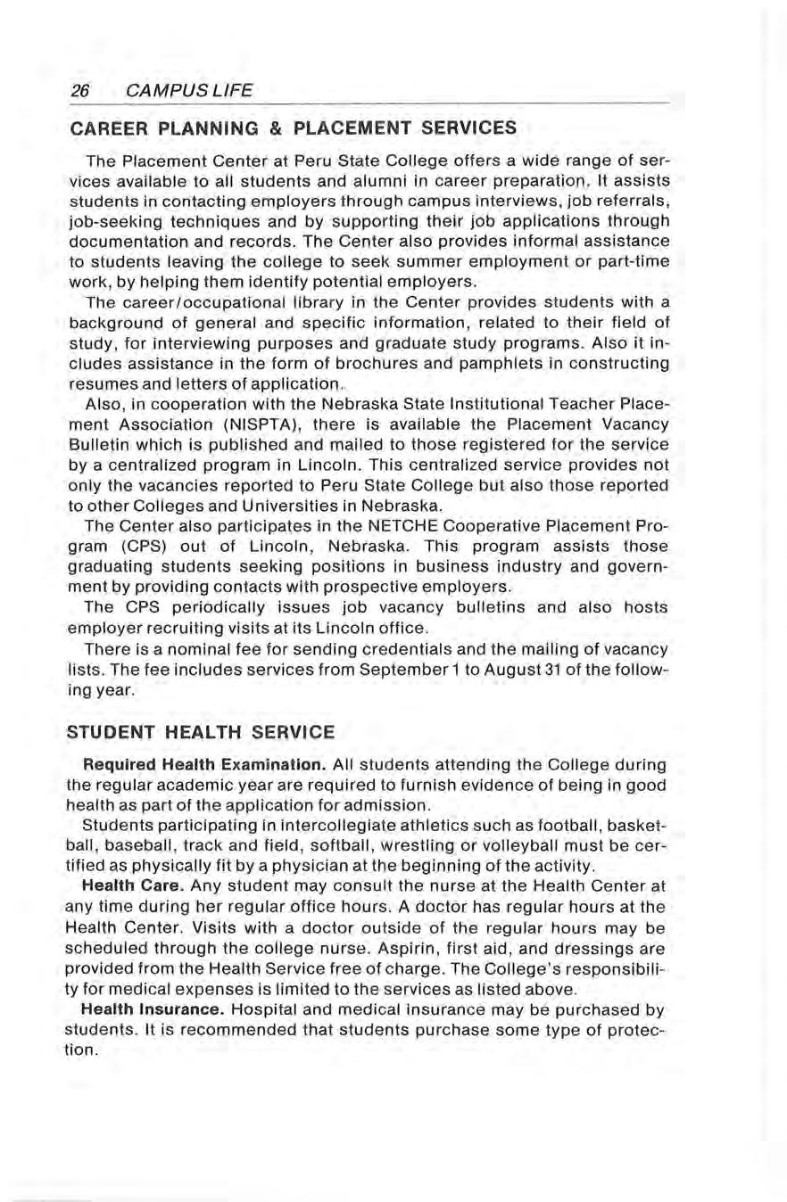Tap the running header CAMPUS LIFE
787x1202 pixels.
190,90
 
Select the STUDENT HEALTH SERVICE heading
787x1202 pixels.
201,732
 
